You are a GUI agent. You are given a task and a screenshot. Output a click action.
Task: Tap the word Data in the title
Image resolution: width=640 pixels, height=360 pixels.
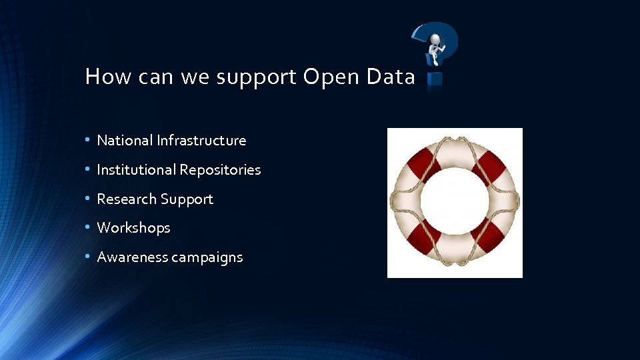pos(391,77)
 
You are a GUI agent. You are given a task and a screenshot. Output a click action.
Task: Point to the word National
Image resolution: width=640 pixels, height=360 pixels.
pos(125,141)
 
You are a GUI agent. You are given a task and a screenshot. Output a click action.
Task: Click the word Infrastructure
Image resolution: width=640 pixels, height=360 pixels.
pos(202,141)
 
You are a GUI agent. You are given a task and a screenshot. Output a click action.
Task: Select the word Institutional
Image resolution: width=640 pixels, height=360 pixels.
pos(135,170)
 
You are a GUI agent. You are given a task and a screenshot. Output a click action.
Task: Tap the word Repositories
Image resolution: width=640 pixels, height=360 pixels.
pos(220,171)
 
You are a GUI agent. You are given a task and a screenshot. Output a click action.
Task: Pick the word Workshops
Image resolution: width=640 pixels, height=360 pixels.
pos(133,228)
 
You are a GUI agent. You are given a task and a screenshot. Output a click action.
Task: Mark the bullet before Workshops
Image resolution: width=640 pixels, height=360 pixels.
pos(88,228)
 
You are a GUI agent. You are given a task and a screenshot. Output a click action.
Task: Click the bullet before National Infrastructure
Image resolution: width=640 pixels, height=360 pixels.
pos(88,141)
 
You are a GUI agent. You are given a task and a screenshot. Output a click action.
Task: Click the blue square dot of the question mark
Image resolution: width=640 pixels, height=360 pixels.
pos(435,79)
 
